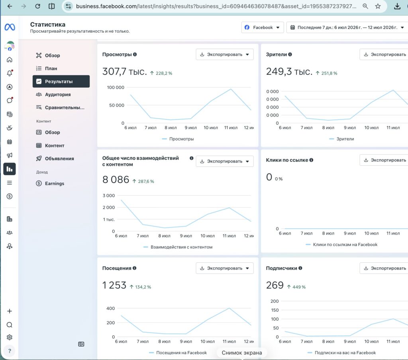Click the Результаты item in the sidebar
coord(61,81)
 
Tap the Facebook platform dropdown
coord(262,27)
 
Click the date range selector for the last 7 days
coord(347,27)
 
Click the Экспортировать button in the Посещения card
coord(225,268)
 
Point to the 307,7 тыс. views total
coord(124,71)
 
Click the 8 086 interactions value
coord(116,180)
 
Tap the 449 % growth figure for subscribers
coord(299,287)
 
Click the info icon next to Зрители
coord(290,55)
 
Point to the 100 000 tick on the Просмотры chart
coord(116,87)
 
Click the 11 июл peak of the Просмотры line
coord(231,89)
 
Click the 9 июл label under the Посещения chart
coord(186,341)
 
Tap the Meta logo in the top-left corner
coord(10,27)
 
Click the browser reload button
coord(38,6)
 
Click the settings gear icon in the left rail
coord(10,337)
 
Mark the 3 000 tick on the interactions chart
coord(108,196)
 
